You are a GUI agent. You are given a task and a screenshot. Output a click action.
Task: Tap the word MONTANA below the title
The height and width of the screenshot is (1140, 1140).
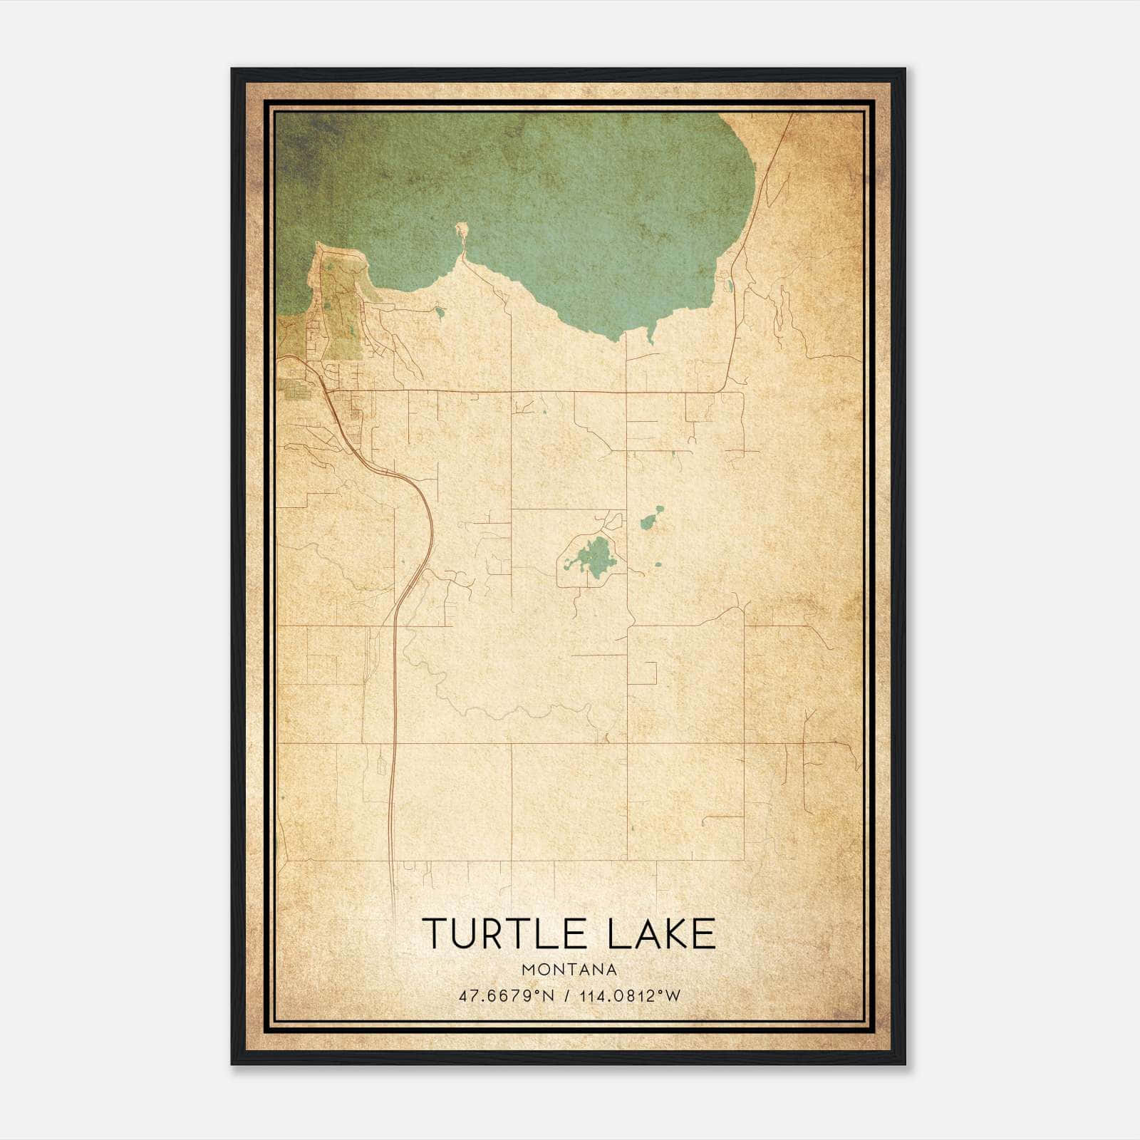pyautogui.click(x=569, y=970)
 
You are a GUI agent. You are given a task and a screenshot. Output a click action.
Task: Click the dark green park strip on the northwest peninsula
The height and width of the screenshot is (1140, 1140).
pyautogui.click(x=335, y=313)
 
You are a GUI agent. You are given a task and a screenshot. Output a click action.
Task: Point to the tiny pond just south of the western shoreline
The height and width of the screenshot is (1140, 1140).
pyautogui.click(x=440, y=311)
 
